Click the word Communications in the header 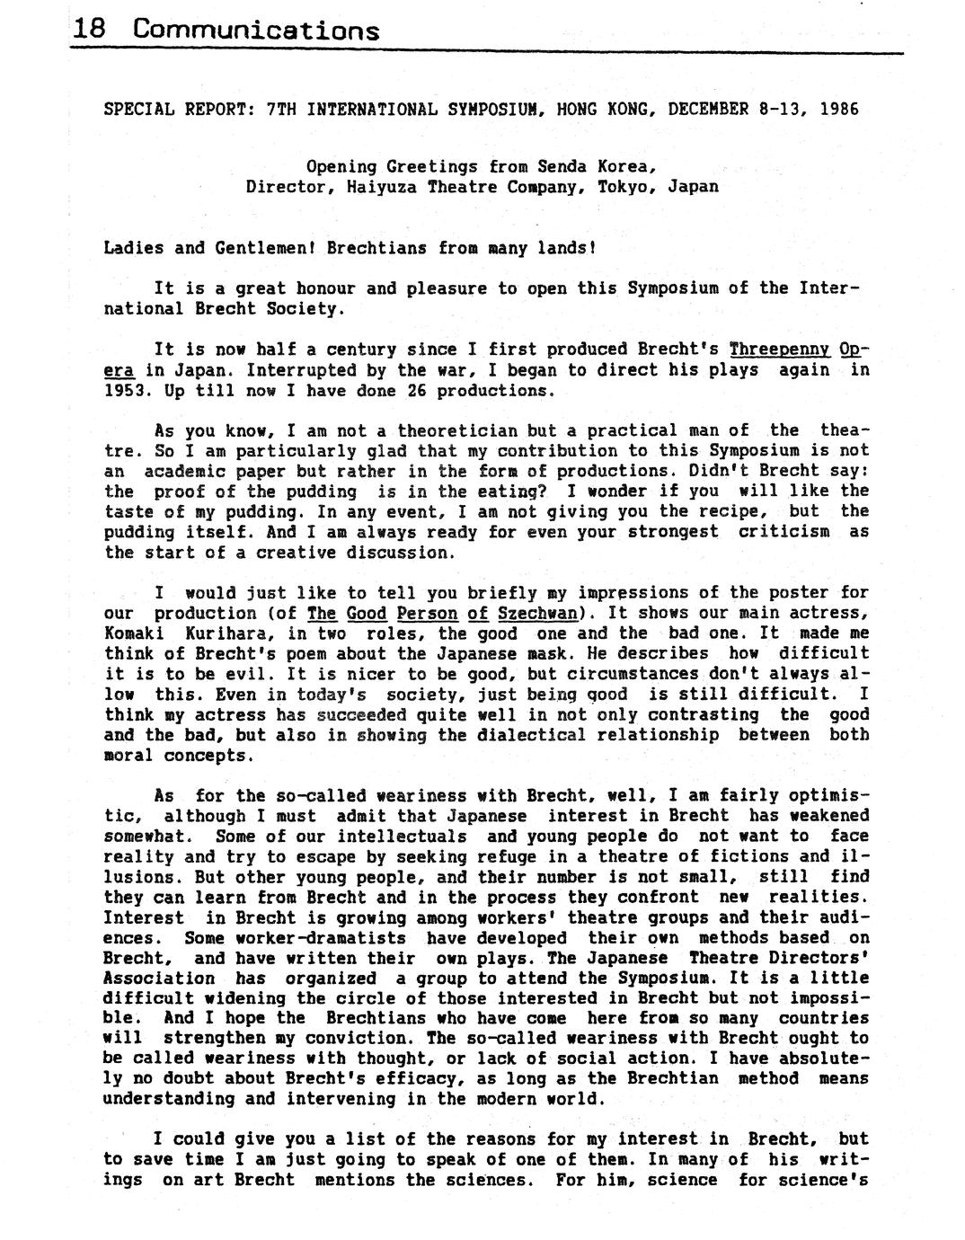coord(256,31)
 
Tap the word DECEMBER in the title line coord(707,110)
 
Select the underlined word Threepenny coord(779,350)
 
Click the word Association coord(159,978)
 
